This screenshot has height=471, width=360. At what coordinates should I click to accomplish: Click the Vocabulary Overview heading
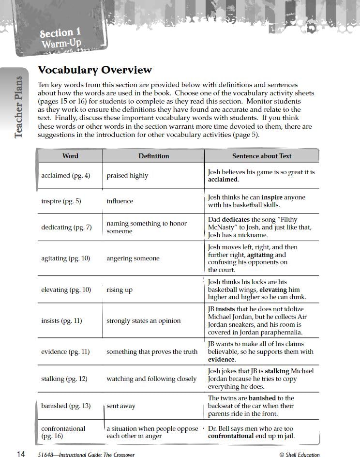pos(95,70)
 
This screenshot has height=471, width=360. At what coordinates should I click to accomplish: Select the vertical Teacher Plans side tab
pos(18,107)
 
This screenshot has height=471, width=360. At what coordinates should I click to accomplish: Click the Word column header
pos(70,156)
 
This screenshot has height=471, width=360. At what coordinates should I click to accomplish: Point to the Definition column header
pos(153,156)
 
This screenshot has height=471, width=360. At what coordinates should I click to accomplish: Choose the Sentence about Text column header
pos(262,156)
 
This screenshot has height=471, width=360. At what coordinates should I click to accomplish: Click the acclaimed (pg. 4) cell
pos(65,175)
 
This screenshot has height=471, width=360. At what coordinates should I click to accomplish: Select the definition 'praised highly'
pos(127,175)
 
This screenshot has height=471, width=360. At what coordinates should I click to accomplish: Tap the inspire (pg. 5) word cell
pos(61,201)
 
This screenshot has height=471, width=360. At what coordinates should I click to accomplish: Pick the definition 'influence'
pos(120,201)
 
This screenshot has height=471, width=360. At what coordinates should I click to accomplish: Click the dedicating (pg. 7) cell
pos(66,227)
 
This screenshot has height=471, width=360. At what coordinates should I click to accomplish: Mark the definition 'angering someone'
pos(133,258)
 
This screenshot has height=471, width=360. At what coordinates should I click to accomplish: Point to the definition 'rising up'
pos(120,290)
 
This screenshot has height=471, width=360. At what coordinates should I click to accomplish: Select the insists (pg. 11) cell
pos(61,320)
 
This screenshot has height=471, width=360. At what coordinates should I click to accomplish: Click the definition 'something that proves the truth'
pos(152,352)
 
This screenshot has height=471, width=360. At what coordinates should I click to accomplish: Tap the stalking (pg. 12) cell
pos(64,379)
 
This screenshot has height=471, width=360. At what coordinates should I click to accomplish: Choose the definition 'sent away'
pos(121,406)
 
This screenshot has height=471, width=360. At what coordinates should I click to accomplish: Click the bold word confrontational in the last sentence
pos(231,436)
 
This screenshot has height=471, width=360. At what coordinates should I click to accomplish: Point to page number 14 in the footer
pos(21,454)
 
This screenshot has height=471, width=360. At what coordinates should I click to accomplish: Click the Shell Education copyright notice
pos(299,455)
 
